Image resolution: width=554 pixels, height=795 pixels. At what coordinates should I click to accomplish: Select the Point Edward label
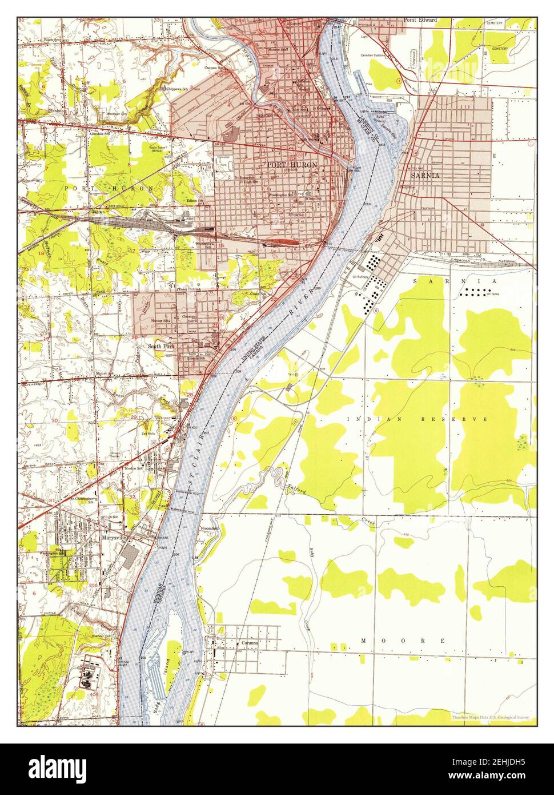point(420,20)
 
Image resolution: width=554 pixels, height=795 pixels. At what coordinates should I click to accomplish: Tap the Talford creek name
point(297,489)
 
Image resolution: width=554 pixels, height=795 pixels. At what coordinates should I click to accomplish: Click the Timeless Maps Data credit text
point(491,717)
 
